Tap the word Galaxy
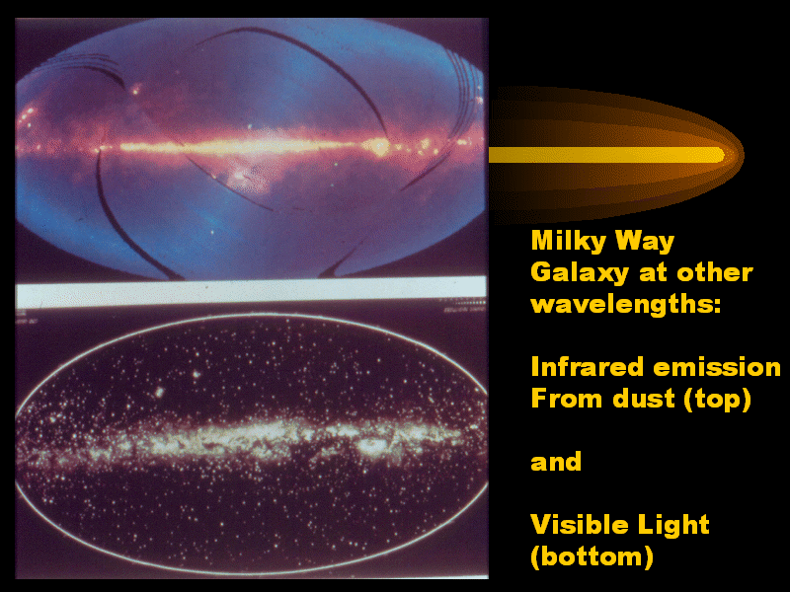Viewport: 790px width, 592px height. point(580,273)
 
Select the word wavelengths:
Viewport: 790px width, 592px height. point(626,305)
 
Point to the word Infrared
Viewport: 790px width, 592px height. point(587,367)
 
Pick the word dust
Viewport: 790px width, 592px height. point(644,399)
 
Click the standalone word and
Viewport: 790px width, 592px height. point(556,462)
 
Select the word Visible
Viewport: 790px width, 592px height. point(578,525)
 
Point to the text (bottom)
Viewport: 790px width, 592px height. point(592,556)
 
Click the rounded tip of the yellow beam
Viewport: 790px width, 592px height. point(723,155)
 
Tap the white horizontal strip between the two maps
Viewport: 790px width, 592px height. point(252,292)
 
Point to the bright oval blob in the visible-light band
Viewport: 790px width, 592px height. point(372,446)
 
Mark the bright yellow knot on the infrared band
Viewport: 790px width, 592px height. point(379,146)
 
